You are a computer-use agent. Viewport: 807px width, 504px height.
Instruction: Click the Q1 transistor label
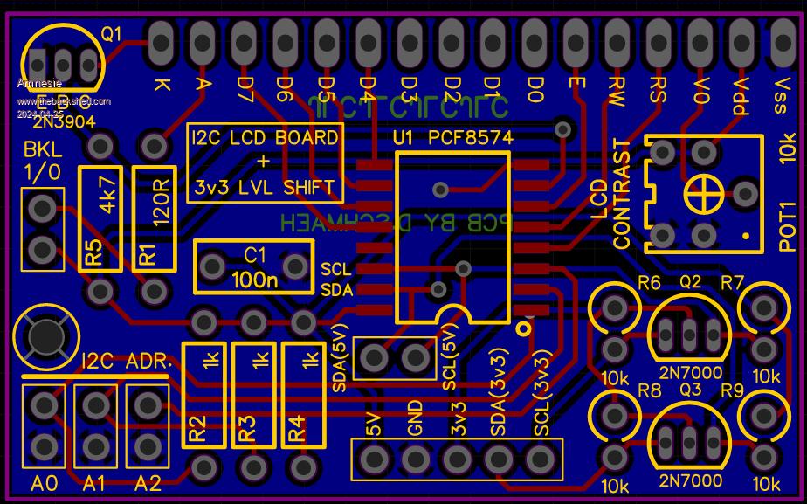point(112,35)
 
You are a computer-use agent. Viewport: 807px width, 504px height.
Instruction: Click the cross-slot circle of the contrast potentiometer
point(700,192)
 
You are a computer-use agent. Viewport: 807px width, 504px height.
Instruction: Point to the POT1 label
point(787,227)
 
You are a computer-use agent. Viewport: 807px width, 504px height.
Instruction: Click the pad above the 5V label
point(375,458)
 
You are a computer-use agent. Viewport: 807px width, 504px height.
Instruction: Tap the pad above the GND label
point(416,458)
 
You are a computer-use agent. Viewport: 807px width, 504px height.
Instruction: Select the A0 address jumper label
point(44,483)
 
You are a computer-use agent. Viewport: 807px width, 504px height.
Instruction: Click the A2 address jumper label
point(147,483)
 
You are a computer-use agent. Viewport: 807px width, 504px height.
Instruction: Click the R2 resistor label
point(198,429)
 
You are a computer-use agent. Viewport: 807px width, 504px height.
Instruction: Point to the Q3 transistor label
point(691,390)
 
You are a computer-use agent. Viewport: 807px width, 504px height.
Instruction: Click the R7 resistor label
point(732,282)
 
